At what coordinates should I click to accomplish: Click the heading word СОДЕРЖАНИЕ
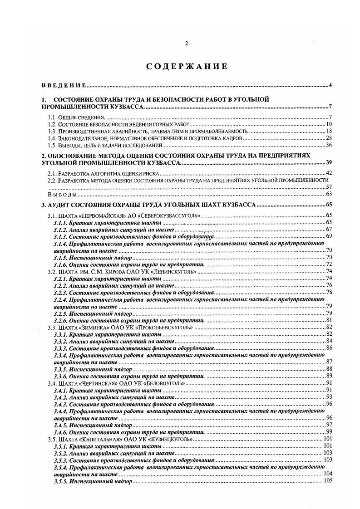click(x=186, y=67)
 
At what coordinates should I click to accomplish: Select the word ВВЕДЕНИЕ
click(x=64, y=85)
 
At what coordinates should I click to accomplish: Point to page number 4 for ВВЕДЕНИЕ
click(x=331, y=85)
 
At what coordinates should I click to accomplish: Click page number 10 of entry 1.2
click(x=330, y=124)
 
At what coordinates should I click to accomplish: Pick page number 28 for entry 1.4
click(x=330, y=138)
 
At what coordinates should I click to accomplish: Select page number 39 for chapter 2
click(x=330, y=162)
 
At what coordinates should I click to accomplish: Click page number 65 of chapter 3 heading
click(x=330, y=205)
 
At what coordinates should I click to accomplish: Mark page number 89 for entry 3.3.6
click(x=330, y=376)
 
